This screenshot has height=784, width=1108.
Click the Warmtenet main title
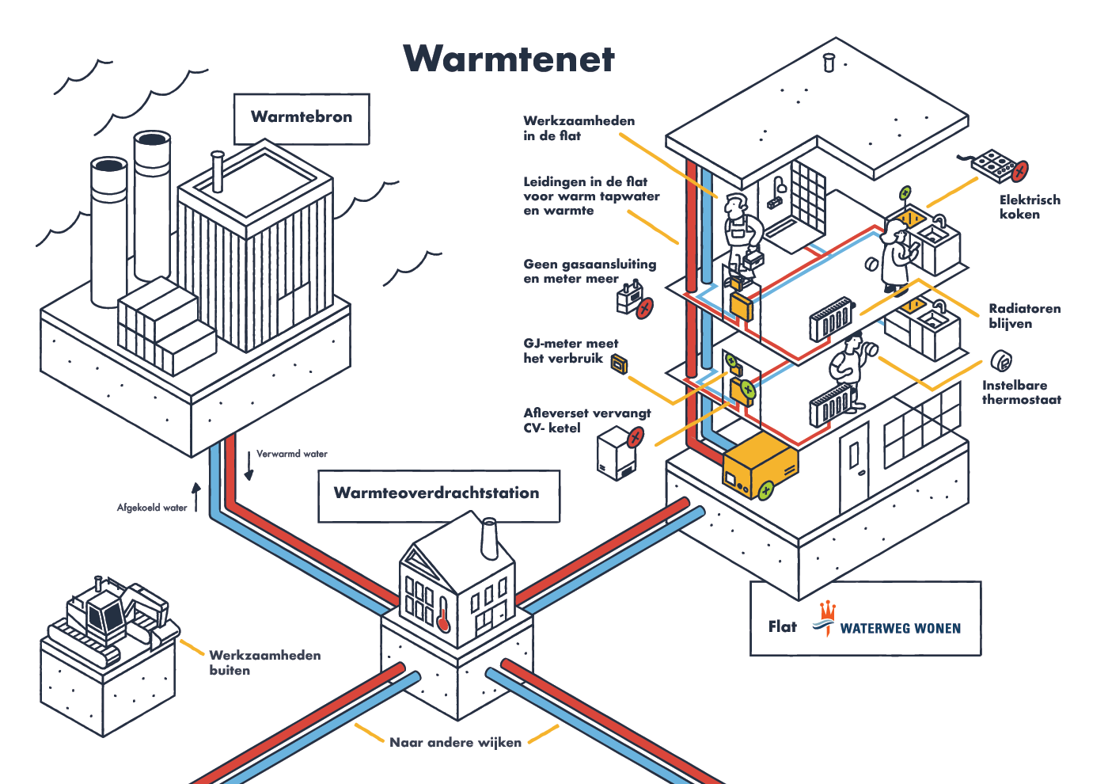(509, 59)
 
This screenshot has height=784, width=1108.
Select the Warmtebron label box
(302, 118)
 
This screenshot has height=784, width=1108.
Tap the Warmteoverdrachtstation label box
(438, 494)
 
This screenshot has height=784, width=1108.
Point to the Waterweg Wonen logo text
(900, 629)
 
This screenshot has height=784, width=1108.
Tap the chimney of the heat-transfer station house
(489, 539)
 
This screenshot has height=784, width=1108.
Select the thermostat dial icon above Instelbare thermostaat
(1002, 361)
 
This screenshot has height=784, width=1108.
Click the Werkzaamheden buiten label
(264, 663)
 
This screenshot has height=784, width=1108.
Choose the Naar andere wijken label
(455, 743)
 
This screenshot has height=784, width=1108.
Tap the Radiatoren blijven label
(1024, 316)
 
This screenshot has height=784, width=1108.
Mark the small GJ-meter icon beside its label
(619, 363)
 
